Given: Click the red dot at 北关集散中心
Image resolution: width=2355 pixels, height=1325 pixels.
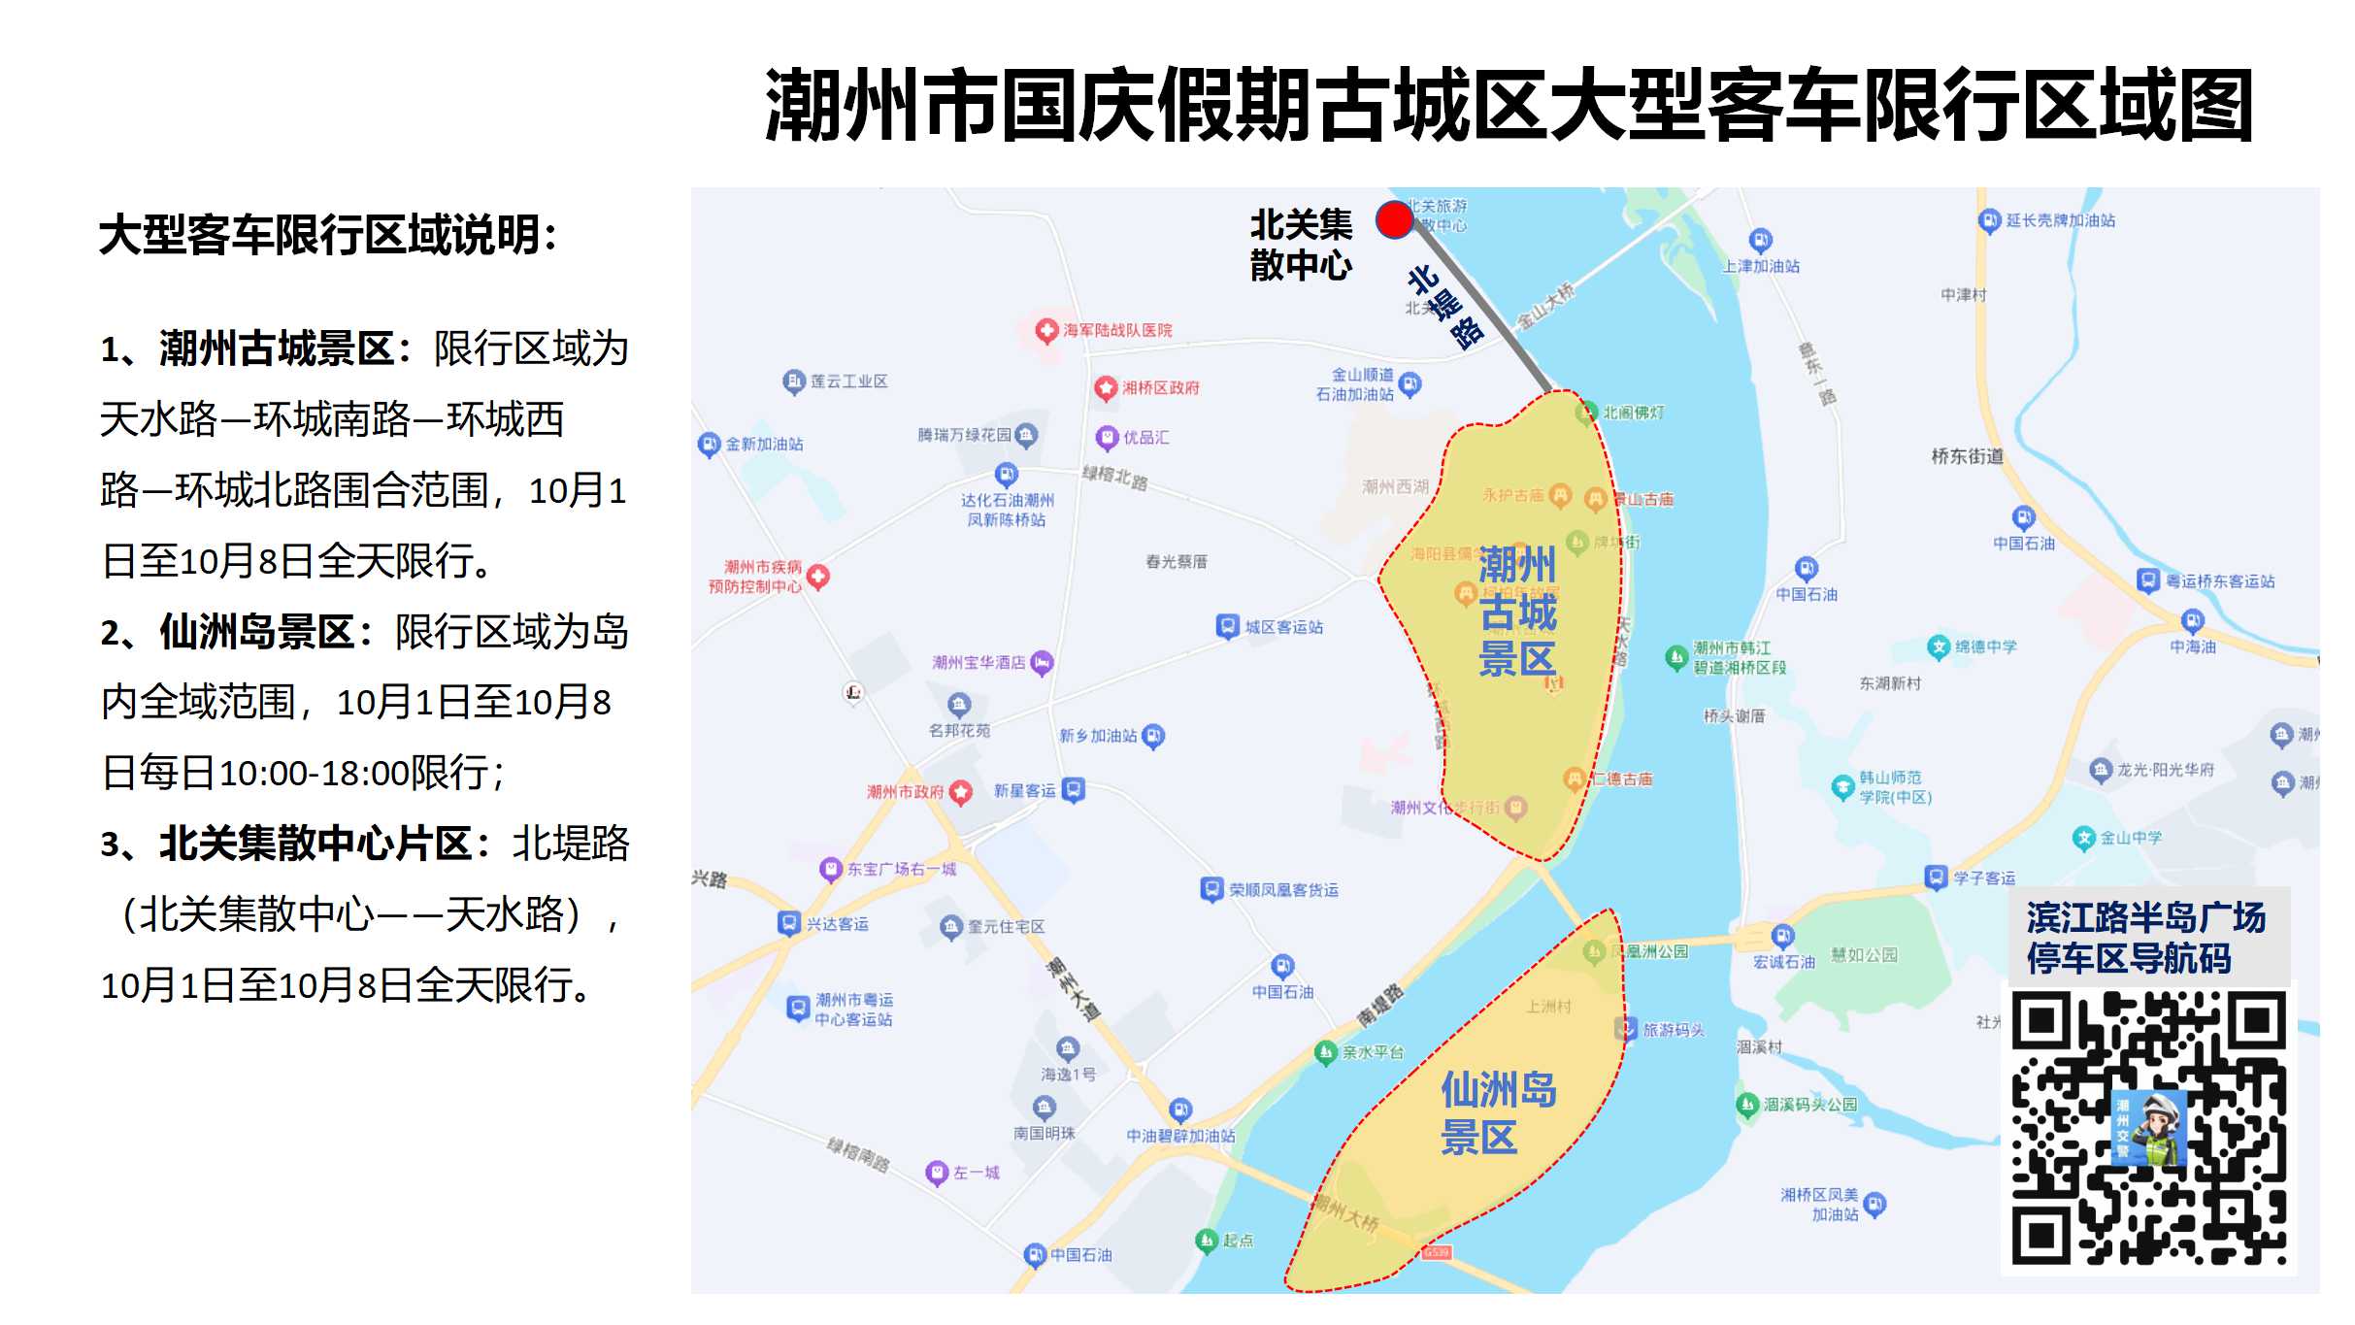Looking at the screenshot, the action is tap(1394, 220).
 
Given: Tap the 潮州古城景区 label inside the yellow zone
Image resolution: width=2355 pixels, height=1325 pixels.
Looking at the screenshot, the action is tap(1517, 612).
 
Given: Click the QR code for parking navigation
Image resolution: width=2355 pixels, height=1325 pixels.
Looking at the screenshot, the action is tap(2148, 1128).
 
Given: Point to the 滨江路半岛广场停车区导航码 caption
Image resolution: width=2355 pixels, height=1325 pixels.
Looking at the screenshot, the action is tap(2145, 938).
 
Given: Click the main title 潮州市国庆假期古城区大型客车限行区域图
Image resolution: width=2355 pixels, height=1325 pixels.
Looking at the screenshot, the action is tap(1509, 105).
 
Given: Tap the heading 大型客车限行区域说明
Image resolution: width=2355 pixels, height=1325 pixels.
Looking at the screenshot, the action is tap(328, 235).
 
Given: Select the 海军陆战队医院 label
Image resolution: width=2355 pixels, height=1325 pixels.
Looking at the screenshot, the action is tap(1116, 330).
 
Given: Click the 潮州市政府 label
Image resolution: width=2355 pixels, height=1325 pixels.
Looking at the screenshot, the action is tap(906, 792).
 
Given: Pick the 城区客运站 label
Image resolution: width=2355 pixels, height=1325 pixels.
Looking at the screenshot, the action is tap(1283, 627).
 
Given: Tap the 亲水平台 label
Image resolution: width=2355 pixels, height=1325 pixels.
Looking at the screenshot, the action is tap(1372, 1052).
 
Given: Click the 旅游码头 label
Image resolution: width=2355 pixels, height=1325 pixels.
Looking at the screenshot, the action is tap(1673, 1030).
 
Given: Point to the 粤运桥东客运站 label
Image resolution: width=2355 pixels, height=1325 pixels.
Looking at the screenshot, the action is tap(2220, 581).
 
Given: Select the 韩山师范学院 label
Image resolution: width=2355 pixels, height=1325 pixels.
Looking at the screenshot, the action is tap(1894, 787).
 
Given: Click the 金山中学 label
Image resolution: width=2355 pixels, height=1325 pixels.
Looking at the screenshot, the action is tap(2131, 838).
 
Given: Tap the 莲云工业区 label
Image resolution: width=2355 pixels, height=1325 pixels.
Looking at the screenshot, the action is tap(848, 381).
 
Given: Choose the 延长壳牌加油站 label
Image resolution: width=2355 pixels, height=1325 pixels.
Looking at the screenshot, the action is tap(2060, 220).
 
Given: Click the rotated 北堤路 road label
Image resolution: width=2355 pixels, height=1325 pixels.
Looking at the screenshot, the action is tap(1446, 307).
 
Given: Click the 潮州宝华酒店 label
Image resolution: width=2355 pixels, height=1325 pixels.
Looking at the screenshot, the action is tap(978, 663).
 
